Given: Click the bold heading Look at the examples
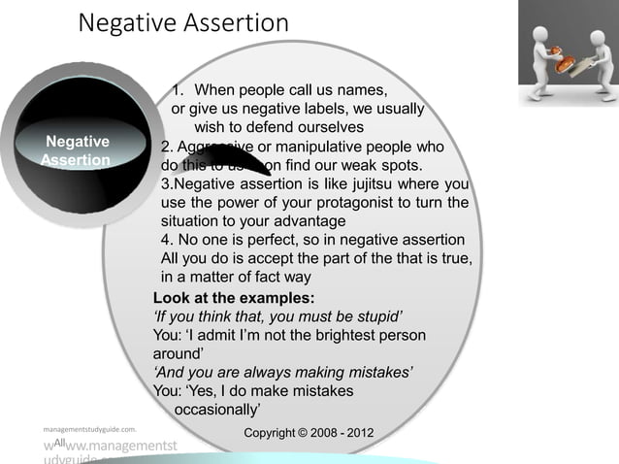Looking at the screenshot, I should [233, 298].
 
